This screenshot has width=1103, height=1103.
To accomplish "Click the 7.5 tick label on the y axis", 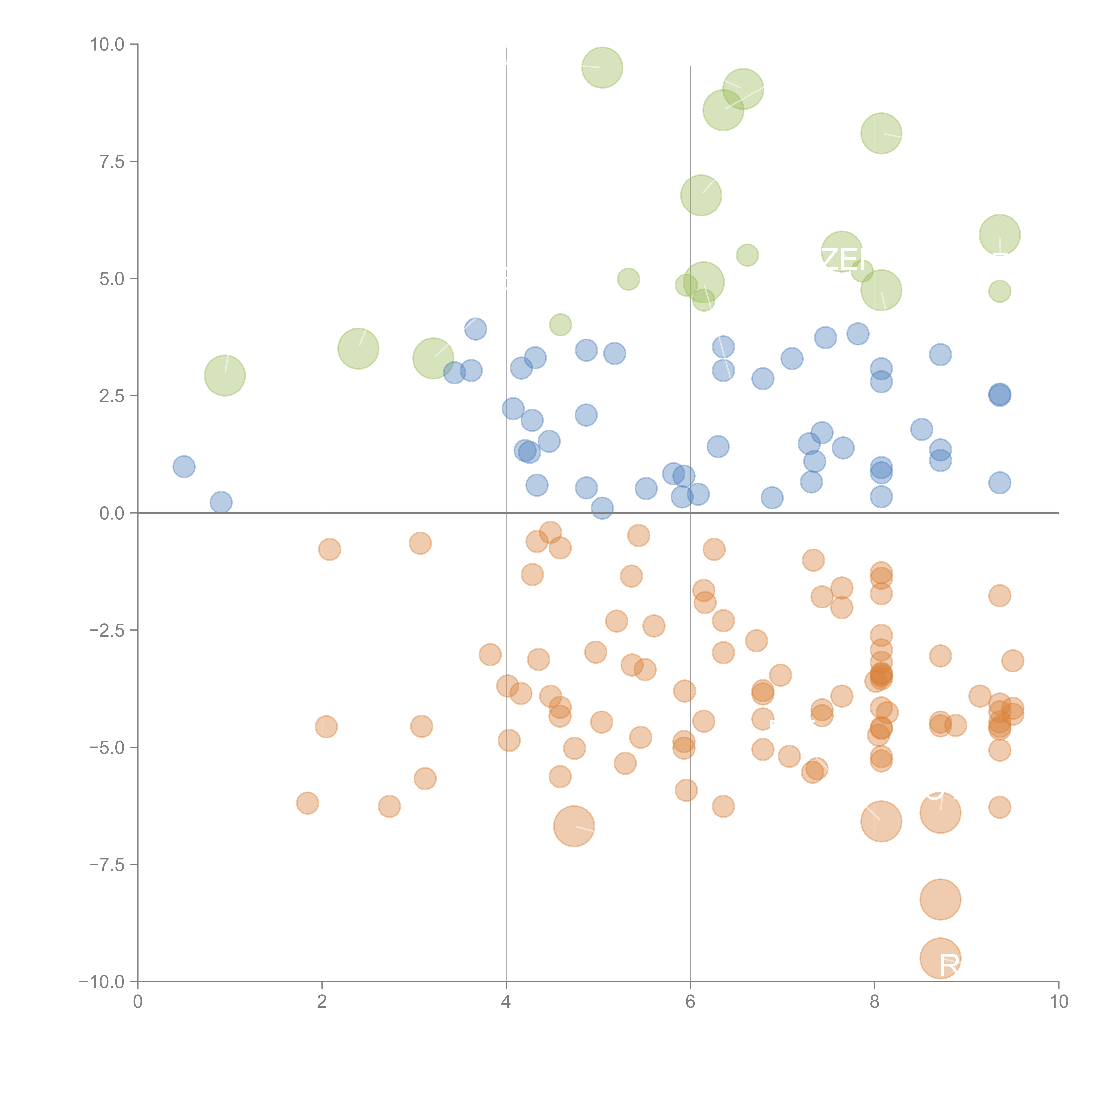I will pyautogui.click(x=111, y=161).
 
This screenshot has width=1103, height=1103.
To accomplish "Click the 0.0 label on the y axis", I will pyautogui.click(x=111, y=513).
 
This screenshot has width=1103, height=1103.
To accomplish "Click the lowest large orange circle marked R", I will pyautogui.click(x=940, y=958).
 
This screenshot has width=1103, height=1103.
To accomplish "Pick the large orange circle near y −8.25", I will pyautogui.click(x=940, y=899).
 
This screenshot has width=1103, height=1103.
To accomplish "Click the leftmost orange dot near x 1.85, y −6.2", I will pyautogui.click(x=307, y=803).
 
